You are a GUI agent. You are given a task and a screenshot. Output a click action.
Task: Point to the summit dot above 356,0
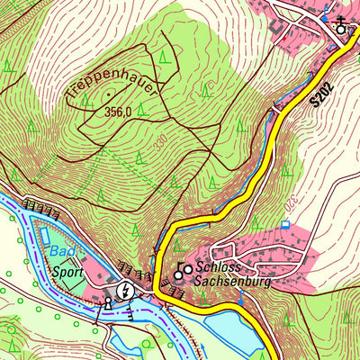(109, 93)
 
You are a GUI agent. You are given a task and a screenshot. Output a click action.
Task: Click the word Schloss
(219, 268)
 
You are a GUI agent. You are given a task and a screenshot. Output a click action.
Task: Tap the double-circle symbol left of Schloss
(183, 268)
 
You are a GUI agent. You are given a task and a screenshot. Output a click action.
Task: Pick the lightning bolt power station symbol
(127, 290)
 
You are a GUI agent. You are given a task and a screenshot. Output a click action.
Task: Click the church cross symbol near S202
(340, 24)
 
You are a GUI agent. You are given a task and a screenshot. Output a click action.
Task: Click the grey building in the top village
(275, 28)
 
